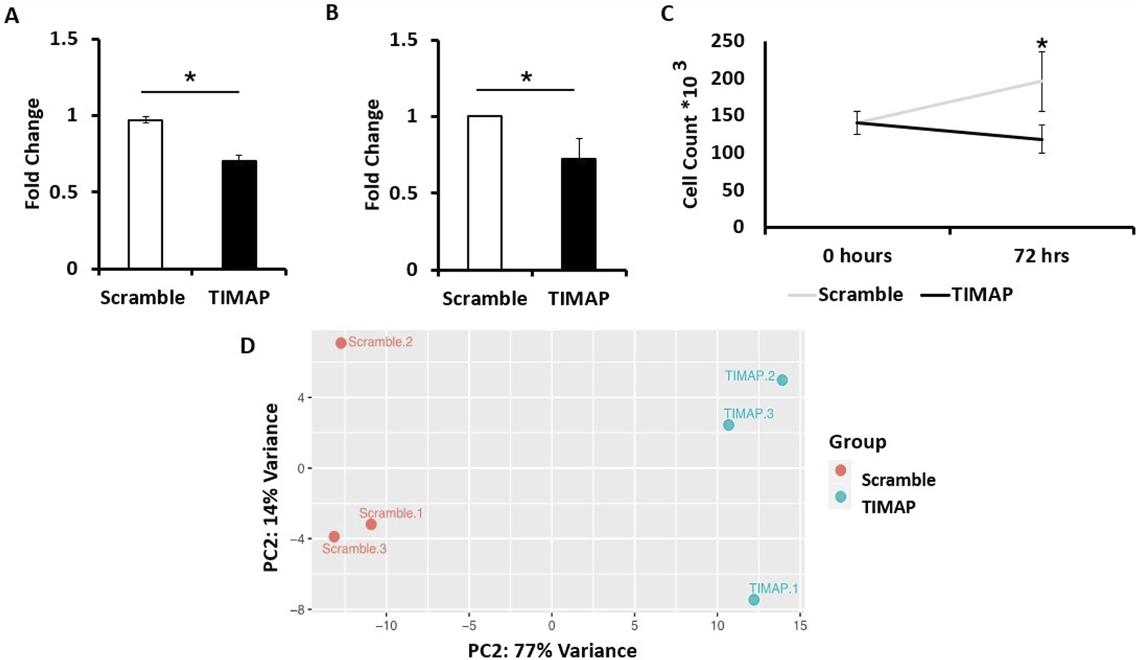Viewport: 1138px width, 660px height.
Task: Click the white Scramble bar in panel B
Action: click(x=484, y=193)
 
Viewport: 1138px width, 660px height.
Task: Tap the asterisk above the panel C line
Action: click(x=1042, y=45)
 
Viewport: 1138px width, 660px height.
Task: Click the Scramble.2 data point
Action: click(x=341, y=343)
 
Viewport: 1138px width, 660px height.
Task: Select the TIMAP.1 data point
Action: click(x=754, y=600)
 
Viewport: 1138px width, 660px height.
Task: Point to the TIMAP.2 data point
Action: click(x=782, y=380)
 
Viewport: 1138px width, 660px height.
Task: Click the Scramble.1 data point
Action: click(x=371, y=524)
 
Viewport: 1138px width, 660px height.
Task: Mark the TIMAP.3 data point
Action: click(x=728, y=425)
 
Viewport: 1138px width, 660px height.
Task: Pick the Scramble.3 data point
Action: click(x=334, y=537)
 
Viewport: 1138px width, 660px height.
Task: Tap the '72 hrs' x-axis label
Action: click(x=1041, y=256)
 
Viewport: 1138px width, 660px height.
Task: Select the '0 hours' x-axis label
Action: click(x=857, y=256)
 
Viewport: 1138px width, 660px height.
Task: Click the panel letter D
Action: click(x=247, y=346)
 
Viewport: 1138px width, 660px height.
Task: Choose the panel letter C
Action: click(x=667, y=13)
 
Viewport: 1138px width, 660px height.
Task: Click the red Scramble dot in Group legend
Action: click(x=841, y=470)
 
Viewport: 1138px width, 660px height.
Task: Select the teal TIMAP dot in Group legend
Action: click(x=841, y=497)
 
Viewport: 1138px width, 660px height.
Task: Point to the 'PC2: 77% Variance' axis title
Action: click(x=552, y=650)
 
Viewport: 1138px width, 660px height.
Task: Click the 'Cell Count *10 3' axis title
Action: click(x=691, y=135)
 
